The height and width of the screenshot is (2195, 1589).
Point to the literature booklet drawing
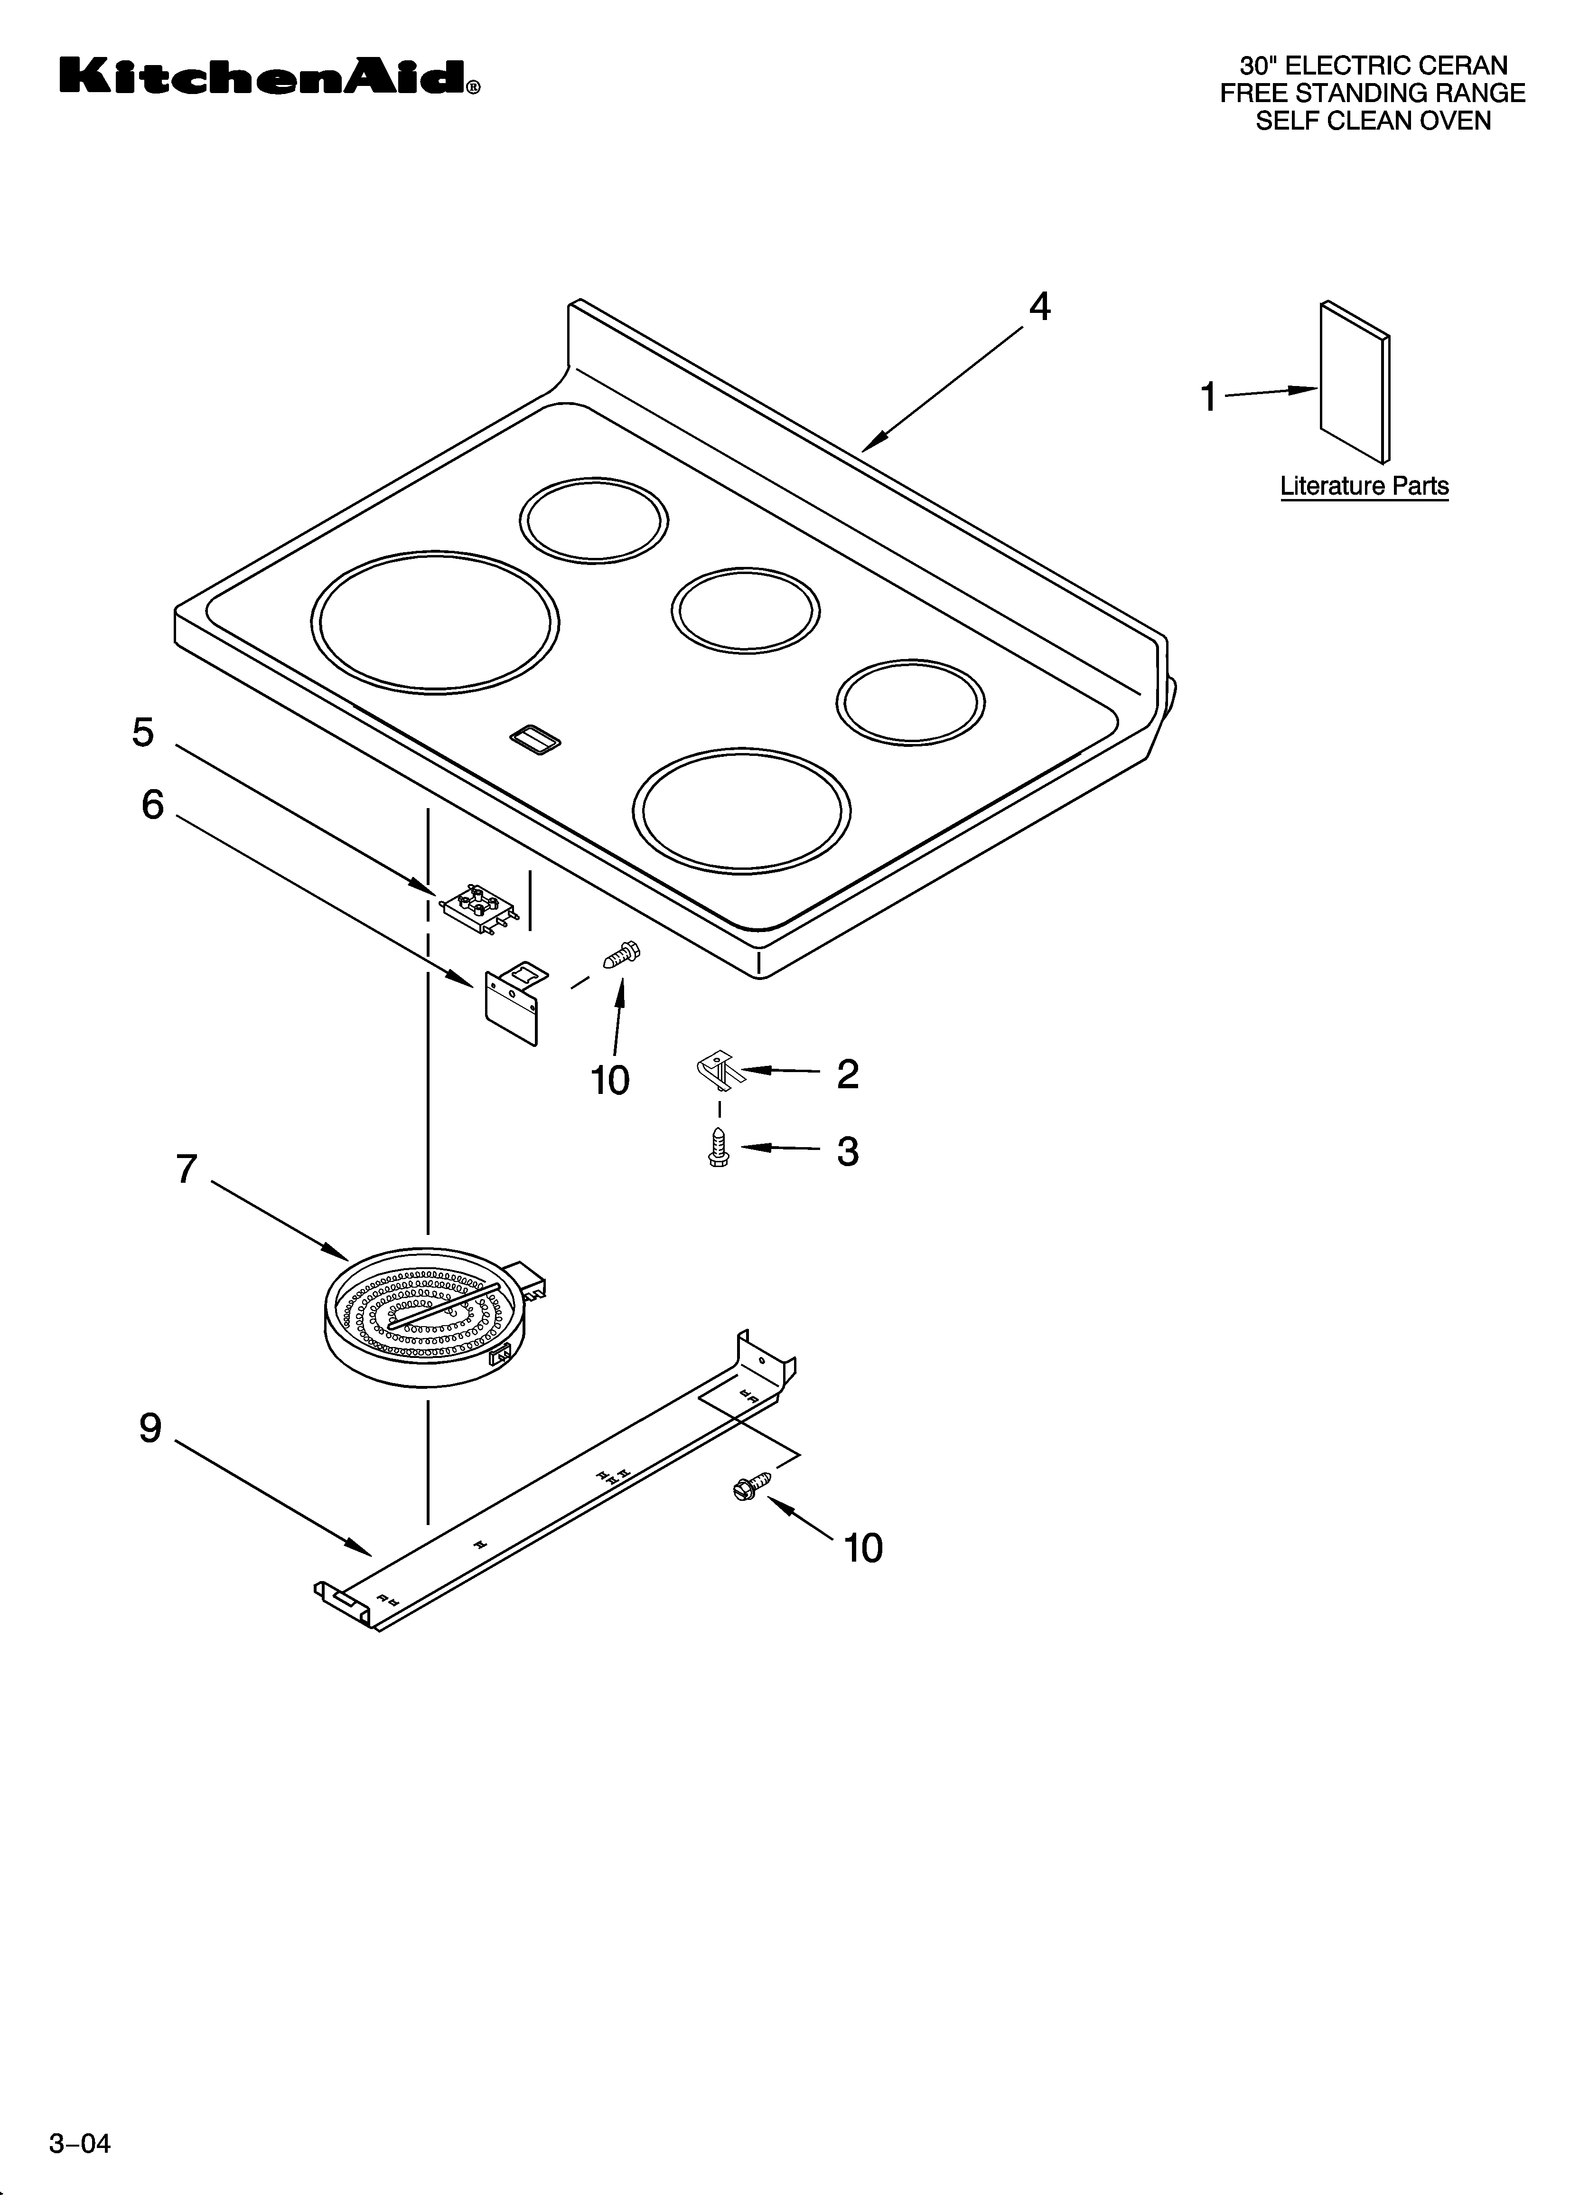coord(1355,382)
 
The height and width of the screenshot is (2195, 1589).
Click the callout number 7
coord(187,1169)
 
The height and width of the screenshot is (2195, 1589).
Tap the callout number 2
coord(848,1074)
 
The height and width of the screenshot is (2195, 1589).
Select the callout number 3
coord(848,1152)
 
